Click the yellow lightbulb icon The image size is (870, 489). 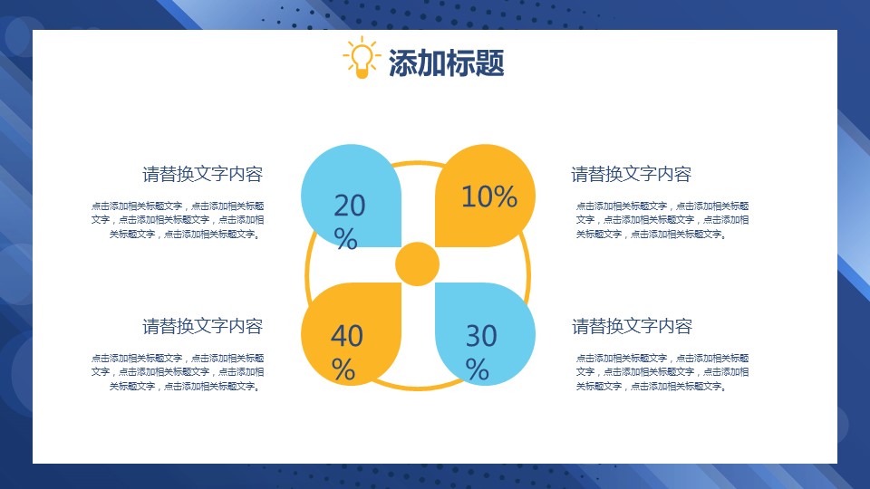coord(362,58)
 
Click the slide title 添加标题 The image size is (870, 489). coord(446,62)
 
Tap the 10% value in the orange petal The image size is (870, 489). coord(489,197)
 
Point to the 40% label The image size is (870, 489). coord(347,352)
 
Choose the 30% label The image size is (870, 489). coord(481,352)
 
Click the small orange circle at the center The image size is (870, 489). coord(417,264)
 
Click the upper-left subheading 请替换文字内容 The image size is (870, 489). coord(202,174)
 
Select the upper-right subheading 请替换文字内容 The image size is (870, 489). coord(632,174)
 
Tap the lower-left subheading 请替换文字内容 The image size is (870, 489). coord(202,326)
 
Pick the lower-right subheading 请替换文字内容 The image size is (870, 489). coord(632,326)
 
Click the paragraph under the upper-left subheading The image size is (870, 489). coord(178,220)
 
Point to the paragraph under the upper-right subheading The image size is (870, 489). coord(662,220)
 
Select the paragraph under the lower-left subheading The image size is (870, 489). coord(178,372)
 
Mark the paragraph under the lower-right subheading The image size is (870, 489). coord(662,372)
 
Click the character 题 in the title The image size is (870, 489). coord(489,62)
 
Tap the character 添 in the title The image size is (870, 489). coord(402,62)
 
